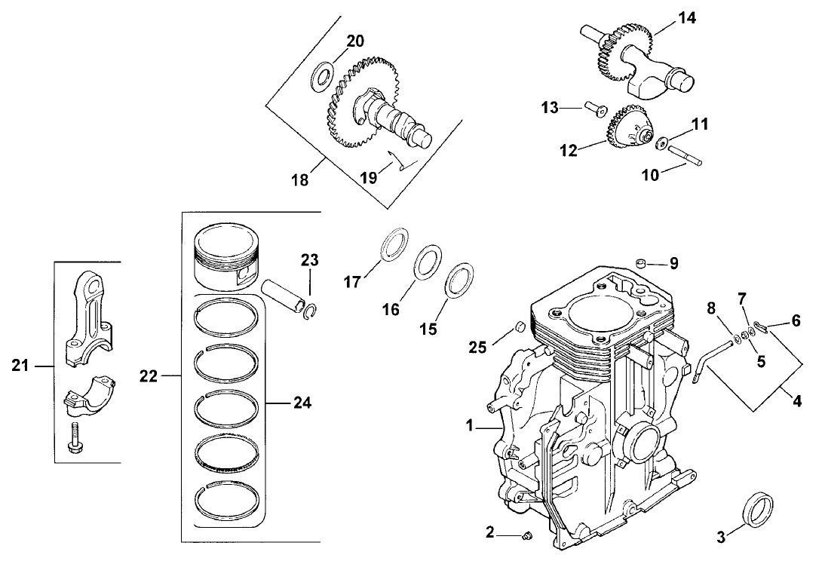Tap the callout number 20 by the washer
(355, 41)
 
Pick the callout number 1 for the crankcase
(469, 426)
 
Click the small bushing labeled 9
(641, 263)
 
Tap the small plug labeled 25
(519, 327)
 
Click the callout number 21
(20, 366)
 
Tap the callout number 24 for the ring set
(302, 403)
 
